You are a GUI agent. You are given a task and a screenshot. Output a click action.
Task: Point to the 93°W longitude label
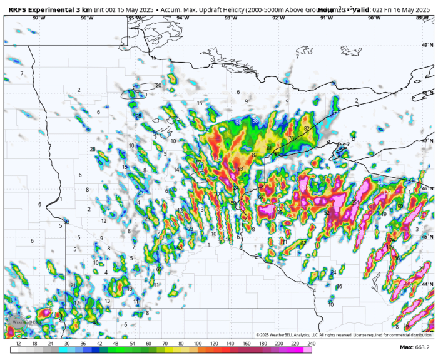(231, 18)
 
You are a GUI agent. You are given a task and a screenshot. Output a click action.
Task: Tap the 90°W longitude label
(374, 18)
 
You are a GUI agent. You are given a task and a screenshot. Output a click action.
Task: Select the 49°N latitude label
(427, 45)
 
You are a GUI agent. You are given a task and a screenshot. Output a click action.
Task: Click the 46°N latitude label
(427, 188)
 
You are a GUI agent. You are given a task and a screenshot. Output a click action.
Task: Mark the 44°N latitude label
(427, 284)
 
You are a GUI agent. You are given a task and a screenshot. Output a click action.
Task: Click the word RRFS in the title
(19, 9)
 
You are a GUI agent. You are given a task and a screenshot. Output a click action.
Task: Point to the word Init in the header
(99, 9)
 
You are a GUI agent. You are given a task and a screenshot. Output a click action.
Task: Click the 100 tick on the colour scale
(197, 344)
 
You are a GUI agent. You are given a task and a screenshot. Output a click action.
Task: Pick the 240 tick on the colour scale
(311, 344)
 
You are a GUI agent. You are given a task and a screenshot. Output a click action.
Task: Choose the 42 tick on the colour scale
(99, 344)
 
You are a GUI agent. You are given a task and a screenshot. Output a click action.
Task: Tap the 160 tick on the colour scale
(246, 344)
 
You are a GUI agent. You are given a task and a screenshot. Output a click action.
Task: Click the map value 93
(240, 168)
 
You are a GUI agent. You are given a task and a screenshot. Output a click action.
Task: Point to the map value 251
(355, 202)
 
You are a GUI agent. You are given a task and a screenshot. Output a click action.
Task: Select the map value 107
(390, 247)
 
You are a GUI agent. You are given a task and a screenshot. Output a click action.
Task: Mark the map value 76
(291, 138)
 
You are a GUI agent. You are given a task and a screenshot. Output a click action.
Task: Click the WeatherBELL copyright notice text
(344, 335)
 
